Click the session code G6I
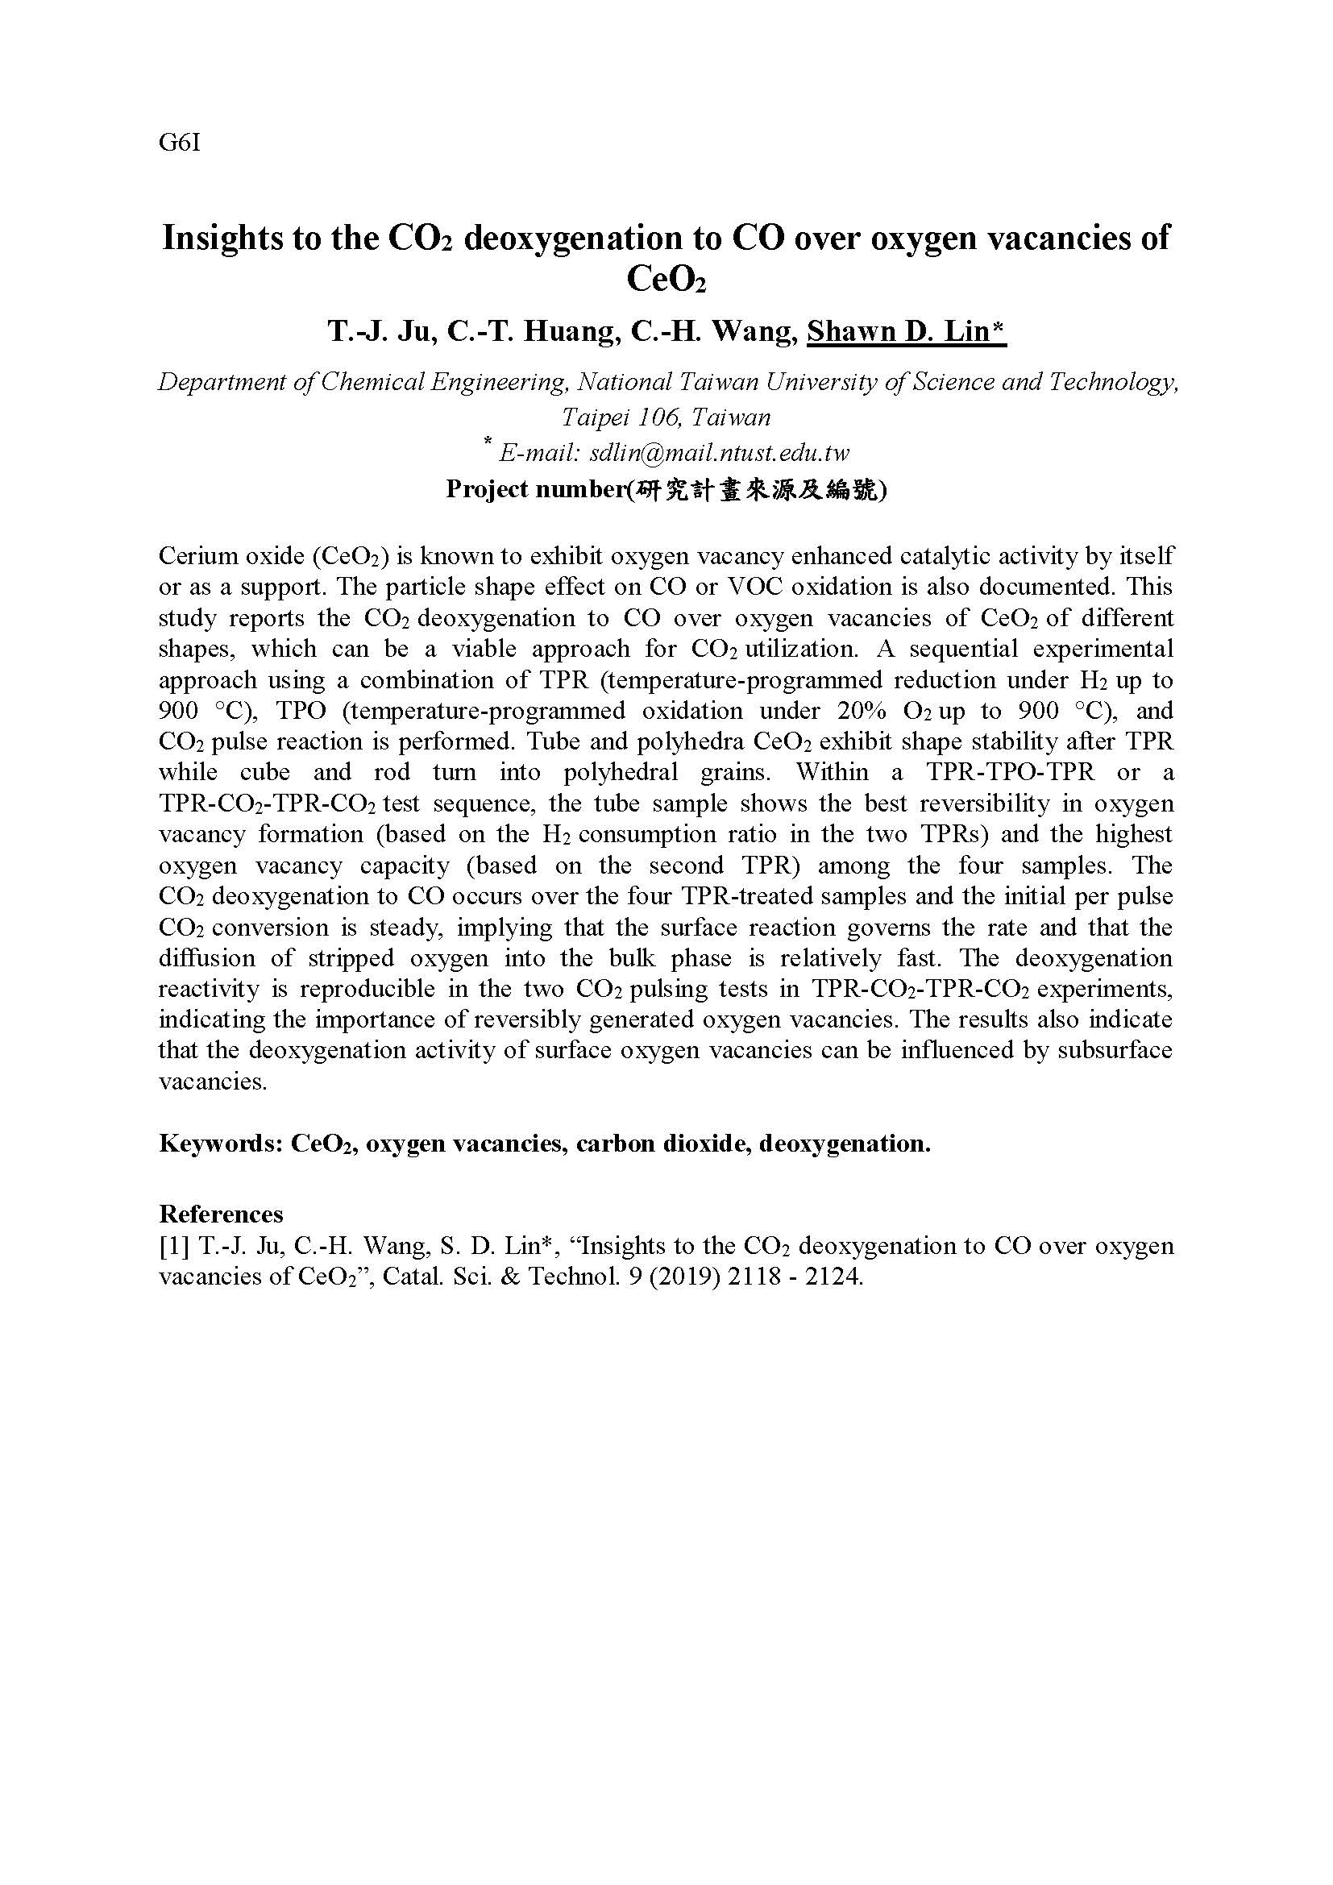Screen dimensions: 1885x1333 tap(179, 143)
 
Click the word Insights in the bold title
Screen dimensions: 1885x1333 tap(216, 238)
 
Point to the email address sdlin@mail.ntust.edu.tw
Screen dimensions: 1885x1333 tap(720, 452)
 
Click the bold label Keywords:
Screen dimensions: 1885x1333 tap(219, 1144)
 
